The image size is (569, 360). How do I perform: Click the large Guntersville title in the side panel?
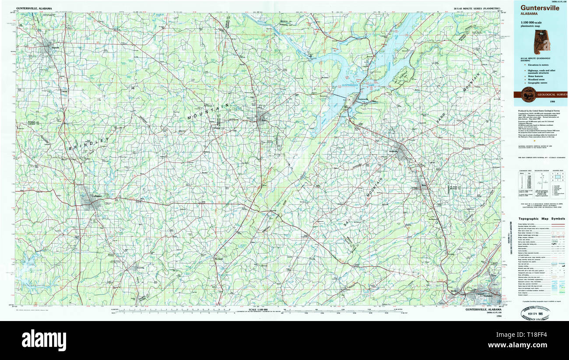click(x=540, y=8)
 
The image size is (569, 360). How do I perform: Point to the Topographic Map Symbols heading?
click(x=541, y=219)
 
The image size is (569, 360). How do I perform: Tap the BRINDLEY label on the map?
click(x=88, y=144)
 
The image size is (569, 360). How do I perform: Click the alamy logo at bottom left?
click(x=44, y=340)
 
